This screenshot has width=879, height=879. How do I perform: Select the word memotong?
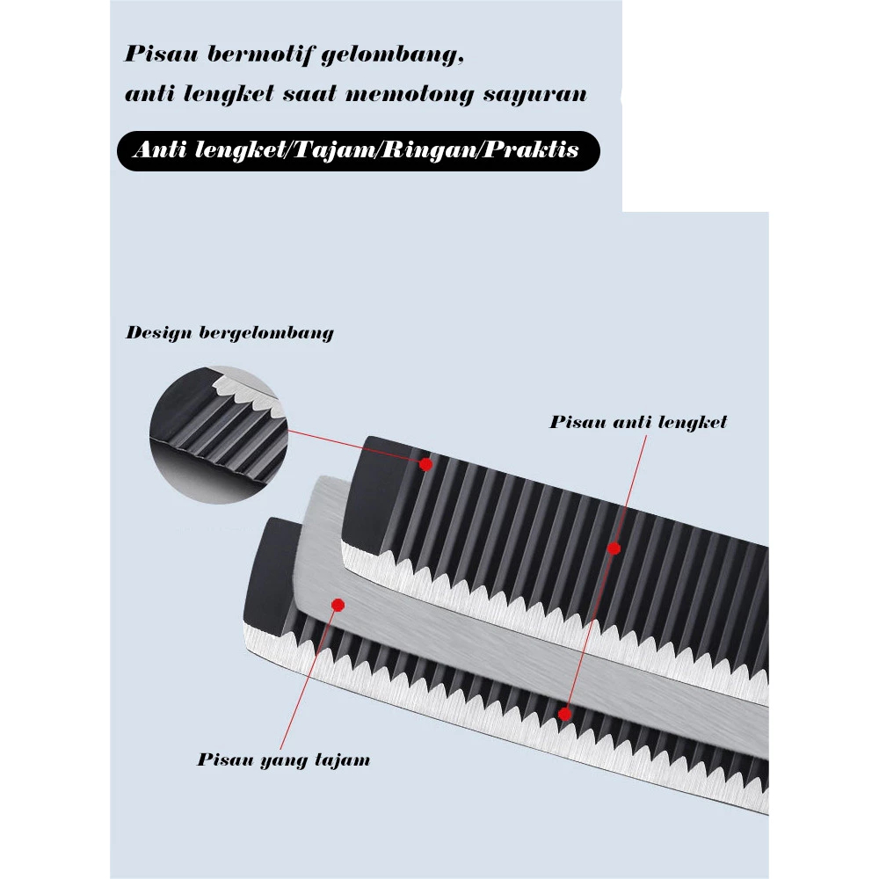(410, 94)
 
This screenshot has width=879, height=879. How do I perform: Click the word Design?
(158, 333)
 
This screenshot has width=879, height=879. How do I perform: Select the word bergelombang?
(266, 333)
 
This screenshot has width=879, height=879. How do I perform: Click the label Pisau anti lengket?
(638, 422)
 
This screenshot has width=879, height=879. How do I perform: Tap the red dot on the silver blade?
(338, 605)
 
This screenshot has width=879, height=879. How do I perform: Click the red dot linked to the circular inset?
(425, 464)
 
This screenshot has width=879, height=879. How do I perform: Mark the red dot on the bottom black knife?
(564, 714)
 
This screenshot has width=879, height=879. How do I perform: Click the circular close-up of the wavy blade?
(219, 434)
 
